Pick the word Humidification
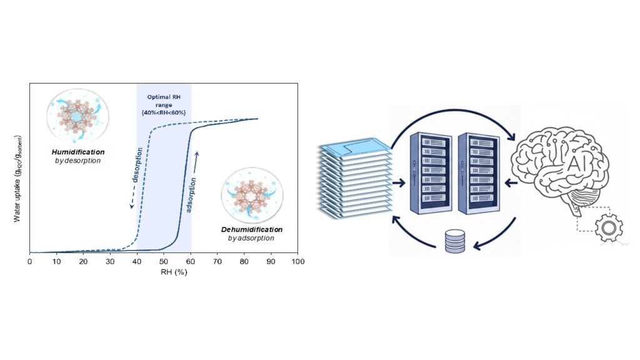pos(77,152)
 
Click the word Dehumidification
pos(251,229)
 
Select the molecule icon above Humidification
pos(77,117)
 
